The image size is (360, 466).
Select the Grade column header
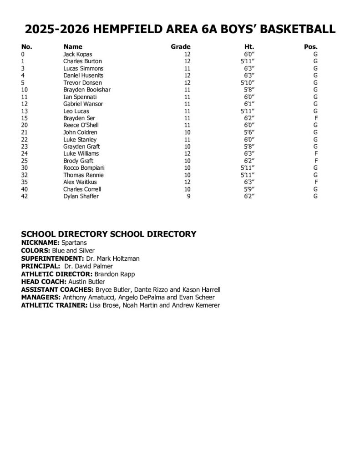pyautogui.click(x=180, y=47)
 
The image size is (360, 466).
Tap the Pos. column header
pyautogui.click(x=310, y=47)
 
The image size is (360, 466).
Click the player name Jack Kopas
pyautogui.click(x=77, y=54)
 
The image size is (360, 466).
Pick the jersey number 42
pyautogui.click(x=25, y=196)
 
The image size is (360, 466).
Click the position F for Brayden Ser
pyautogui.click(x=315, y=118)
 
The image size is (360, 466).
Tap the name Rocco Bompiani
pyautogui.click(x=82, y=168)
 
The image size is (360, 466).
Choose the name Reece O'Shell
pyautogui.click(x=81, y=125)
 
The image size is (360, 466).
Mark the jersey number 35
pyautogui.click(x=25, y=182)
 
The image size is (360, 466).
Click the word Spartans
pyautogui.click(x=74, y=243)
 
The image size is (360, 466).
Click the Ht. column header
pyautogui.click(x=249, y=47)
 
